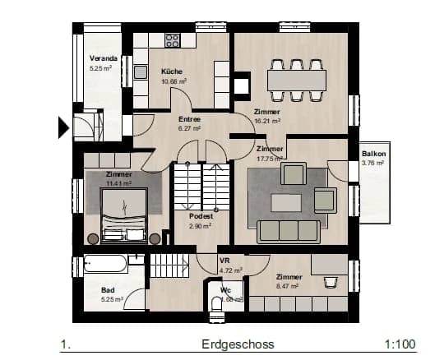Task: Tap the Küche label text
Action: pyautogui.click(x=172, y=72)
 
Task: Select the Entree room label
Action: pyautogui.click(x=190, y=119)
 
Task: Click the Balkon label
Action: pyautogui.click(x=373, y=154)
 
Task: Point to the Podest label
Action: pyautogui.click(x=201, y=216)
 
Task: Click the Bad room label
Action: pyautogui.click(x=108, y=290)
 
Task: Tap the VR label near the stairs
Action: pyautogui.click(x=224, y=261)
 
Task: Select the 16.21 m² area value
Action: pyautogui.click(x=268, y=120)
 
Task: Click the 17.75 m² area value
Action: pyautogui.click(x=270, y=159)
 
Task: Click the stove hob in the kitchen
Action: pyautogui.click(x=172, y=39)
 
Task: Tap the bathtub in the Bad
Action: pyautogui.click(x=105, y=264)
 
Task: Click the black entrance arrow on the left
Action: pyautogui.click(x=62, y=127)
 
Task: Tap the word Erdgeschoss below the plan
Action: pyautogui.click(x=238, y=344)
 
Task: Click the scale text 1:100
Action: pyautogui.click(x=398, y=344)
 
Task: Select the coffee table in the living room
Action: pyautogui.click(x=288, y=201)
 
